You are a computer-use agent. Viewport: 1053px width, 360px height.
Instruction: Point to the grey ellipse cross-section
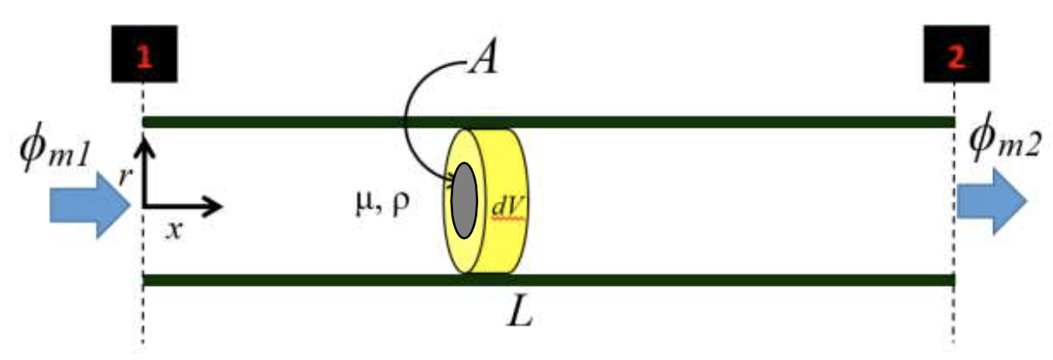464,200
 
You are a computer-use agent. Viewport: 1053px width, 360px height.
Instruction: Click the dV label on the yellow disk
503,203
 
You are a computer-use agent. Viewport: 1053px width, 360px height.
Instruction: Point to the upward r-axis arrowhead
144,147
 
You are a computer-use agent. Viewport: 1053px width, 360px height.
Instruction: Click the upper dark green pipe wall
666,122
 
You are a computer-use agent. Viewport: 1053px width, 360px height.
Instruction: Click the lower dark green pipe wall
666,279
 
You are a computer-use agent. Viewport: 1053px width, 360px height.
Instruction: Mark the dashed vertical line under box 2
954,317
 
